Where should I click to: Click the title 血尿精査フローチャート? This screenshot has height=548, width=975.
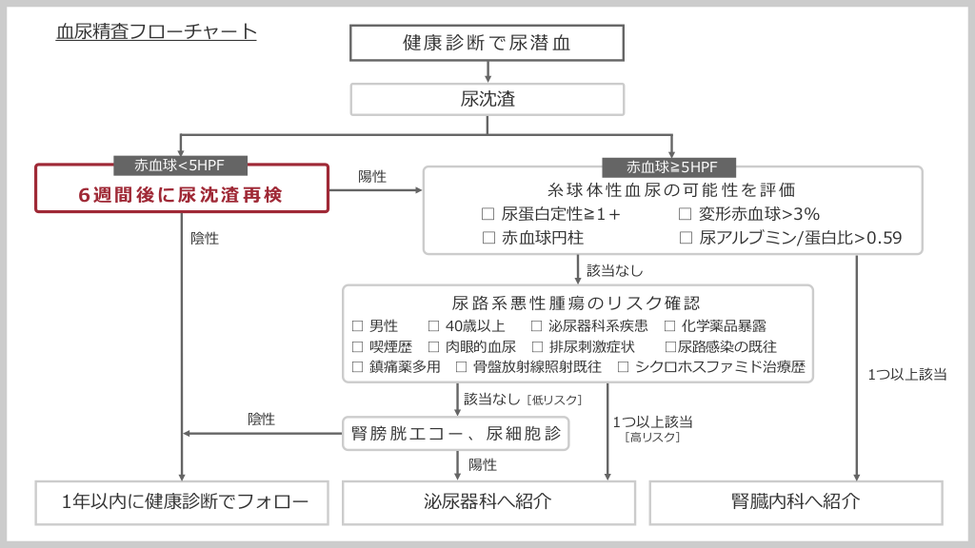(x=156, y=31)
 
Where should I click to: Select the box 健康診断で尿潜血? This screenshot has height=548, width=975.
(x=487, y=43)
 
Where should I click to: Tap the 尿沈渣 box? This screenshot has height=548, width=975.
(x=487, y=99)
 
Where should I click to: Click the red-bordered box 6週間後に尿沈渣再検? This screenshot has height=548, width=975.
(x=181, y=194)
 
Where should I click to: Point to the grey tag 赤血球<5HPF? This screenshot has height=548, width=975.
(x=181, y=166)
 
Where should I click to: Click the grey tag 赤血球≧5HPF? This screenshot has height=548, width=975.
(x=672, y=166)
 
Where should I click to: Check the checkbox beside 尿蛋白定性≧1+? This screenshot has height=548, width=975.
(x=488, y=214)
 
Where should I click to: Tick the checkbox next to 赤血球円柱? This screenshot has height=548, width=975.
(x=488, y=238)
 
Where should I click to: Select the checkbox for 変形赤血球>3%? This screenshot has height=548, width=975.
(x=686, y=214)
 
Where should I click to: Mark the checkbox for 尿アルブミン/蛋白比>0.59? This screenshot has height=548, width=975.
(x=686, y=238)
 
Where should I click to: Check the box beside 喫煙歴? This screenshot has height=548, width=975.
(x=358, y=346)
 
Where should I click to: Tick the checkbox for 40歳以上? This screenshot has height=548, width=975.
(x=434, y=326)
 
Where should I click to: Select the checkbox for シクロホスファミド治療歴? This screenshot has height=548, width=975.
(x=624, y=366)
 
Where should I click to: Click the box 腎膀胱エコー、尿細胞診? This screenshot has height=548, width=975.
(x=457, y=435)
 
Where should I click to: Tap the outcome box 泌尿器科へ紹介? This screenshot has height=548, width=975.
(x=487, y=501)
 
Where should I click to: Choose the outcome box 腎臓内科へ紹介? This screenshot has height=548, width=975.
(x=796, y=501)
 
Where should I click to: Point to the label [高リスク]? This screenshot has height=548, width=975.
(x=652, y=438)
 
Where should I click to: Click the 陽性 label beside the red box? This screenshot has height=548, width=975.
(x=371, y=177)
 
